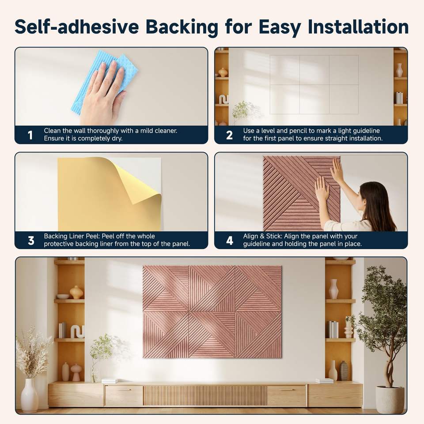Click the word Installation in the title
point(358,27)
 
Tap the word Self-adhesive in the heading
point(77,27)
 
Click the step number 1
point(30,135)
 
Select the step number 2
point(229,135)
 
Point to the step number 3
point(31,240)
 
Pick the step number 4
point(230,240)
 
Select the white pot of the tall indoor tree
point(390,399)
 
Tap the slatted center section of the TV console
point(204,395)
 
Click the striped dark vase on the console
point(344,371)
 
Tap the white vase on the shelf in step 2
point(399,70)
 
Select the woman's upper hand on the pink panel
point(337,171)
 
